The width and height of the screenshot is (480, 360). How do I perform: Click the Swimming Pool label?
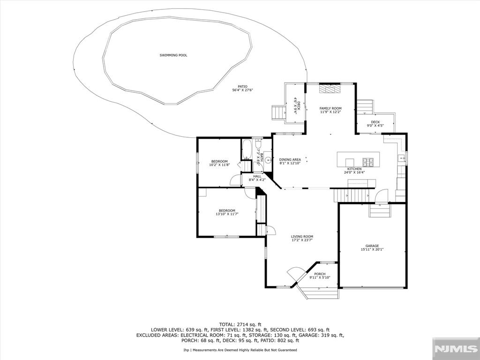click(173, 55)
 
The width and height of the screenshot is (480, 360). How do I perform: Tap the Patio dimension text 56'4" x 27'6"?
click(242, 90)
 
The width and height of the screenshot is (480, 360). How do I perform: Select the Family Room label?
click(330, 108)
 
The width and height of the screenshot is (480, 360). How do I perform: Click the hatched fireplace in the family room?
click(330, 89)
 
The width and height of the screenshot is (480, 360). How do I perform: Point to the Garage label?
click(372, 246)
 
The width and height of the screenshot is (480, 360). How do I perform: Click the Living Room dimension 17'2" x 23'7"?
click(302, 240)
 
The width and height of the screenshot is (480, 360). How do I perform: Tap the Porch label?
click(320, 274)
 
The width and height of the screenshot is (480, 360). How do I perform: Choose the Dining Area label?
click(290, 159)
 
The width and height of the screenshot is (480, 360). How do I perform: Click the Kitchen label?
click(354, 169)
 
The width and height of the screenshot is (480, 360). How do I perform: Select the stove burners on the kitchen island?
click(367, 162)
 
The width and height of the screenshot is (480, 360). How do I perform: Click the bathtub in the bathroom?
click(247, 150)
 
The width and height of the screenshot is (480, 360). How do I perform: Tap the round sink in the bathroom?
click(268, 159)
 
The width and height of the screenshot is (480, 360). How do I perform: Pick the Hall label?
click(257, 176)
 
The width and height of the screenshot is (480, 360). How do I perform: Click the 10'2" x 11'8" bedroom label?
click(219, 163)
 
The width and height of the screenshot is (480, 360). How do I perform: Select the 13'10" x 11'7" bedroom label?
click(227, 212)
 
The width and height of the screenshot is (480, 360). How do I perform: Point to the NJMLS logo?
click(456, 349)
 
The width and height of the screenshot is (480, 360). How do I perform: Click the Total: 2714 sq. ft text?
click(240, 324)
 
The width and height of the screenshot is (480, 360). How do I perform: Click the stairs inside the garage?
click(380, 210)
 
